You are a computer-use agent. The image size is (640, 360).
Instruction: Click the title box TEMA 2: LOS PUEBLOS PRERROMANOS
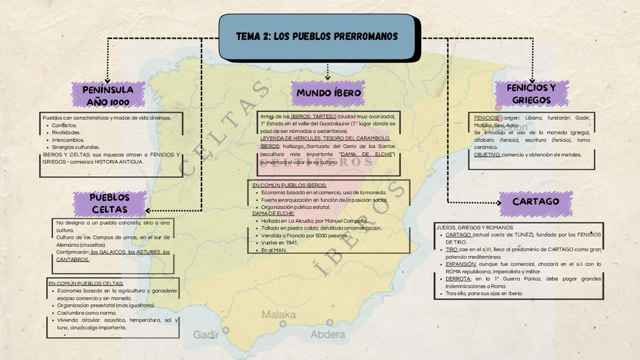(x=316, y=36)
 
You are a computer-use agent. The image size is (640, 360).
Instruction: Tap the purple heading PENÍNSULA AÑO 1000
(x=108, y=95)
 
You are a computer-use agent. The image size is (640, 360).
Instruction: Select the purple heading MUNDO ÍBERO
(x=328, y=93)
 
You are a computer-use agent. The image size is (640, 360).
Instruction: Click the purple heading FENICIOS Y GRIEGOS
(x=531, y=94)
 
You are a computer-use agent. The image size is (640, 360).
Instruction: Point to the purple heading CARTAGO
(x=536, y=202)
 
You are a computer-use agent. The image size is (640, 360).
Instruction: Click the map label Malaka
(x=278, y=314)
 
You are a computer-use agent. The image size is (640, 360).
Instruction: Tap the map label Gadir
(x=206, y=334)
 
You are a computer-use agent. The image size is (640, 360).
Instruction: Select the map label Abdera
(x=328, y=334)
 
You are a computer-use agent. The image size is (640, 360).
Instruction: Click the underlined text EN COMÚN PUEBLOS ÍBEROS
(x=289, y=185)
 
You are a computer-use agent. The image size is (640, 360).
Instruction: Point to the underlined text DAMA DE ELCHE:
(x=273, y=214)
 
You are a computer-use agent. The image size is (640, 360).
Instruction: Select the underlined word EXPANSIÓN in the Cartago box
(x=461, y=264)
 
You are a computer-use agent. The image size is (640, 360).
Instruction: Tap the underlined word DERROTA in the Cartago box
(x=458, y=278)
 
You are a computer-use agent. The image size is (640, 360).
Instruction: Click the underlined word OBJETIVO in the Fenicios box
(x=487, y=155)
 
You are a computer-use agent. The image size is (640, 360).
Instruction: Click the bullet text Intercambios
(x=68, y=140)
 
